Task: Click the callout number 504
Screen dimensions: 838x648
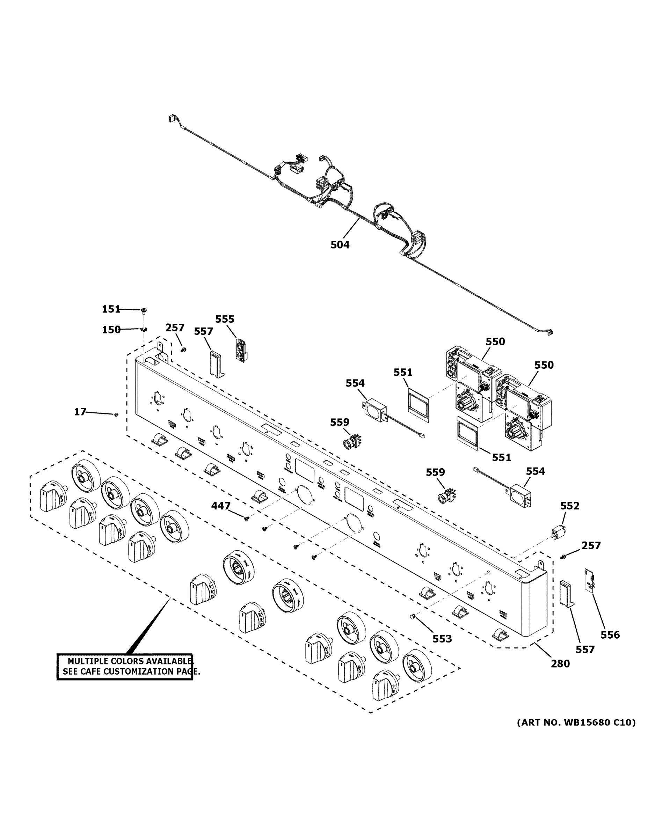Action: [x=340, y=244]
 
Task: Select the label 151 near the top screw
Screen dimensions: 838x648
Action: [x=111, y=309]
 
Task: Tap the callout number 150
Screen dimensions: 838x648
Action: [x=111, y=330]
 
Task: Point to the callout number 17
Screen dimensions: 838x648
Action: [x=80, y=412]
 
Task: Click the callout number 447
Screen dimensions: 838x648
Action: [x=221, y=506]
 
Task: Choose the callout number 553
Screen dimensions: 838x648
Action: [x=442, y=639]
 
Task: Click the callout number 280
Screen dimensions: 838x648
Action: [x=560, y=663]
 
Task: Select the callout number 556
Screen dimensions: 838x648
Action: [x=610, y=635]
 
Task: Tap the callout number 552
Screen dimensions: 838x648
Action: [x=570, y=506]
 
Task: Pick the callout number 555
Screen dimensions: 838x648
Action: [x=225, y=319]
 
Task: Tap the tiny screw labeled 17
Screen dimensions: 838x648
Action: [x=116, y=414]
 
